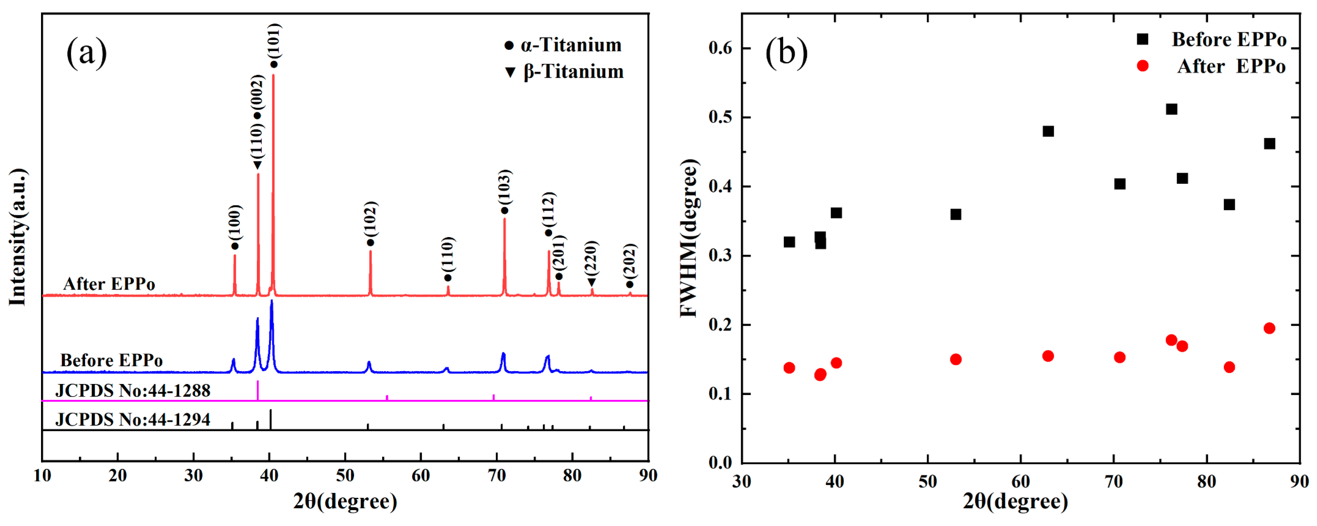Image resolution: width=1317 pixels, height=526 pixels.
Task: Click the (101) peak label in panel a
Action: pyautogui.click(x=275, y=41)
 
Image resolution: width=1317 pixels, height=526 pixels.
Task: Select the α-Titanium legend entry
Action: pyautogui.click(x=564, y=45)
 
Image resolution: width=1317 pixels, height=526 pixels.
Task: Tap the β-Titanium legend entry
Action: pyautogui.click(x=565, y=72)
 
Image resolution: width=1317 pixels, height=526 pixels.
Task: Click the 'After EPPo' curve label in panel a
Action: pyautogui.click(x=109, y=284)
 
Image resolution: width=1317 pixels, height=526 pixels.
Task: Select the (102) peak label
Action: pyautogui.click(x=371, y=219)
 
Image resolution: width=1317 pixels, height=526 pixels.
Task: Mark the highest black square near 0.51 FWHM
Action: pyautogui.click(x=1171, y=109)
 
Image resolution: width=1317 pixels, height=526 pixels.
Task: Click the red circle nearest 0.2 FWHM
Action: pyautogui.click(x=1269, y=328)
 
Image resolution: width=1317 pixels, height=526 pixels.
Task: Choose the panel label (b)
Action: pyautogui.click(x=786, y=53)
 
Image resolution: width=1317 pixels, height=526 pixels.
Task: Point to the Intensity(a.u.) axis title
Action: pyautogui.click(x=17, y=237)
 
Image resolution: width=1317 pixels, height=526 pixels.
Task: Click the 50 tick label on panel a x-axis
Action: pyautogui.click(x=345, y=476)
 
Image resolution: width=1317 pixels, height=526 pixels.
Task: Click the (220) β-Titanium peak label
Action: pyautogui.click(x=592, y=257)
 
